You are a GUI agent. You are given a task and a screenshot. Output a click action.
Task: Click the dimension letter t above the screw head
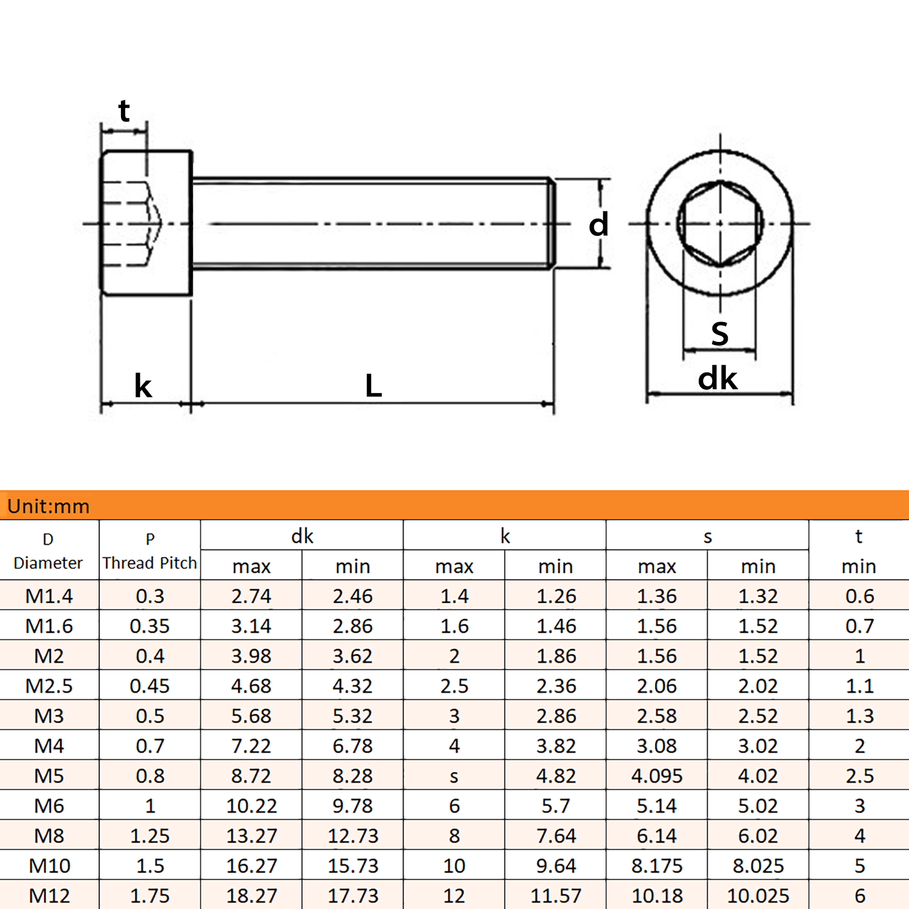click(x=124, y=111)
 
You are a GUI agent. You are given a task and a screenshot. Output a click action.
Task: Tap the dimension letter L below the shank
click(x=373, y=386)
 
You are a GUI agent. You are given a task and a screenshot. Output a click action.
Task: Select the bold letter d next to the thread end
click(x=598, y=224)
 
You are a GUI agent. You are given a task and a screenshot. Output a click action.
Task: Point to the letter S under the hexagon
click(x=719, y=333)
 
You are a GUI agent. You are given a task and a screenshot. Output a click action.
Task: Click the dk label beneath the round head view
click(x=717, y=378)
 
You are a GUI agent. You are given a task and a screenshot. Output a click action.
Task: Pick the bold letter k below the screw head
click(x=143, y=386)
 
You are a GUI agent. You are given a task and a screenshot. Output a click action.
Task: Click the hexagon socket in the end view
click(x=720, y=224)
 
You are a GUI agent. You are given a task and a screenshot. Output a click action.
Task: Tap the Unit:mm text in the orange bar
click(x=48, y=506)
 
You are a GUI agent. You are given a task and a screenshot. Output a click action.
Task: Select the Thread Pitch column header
click(x=149, y=562)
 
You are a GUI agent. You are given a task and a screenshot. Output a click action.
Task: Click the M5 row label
click(x=49, y=775)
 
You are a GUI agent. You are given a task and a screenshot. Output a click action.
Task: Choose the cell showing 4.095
click(x=656, y=775)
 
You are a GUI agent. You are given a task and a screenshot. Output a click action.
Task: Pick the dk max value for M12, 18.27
click(x=251, y=896)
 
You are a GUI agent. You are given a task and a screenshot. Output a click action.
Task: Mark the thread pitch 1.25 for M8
click(x=149, y=836)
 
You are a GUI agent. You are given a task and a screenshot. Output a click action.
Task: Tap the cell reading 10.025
click(x=758, y=896)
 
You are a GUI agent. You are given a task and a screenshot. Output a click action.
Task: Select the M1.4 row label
click(x=49, y=596)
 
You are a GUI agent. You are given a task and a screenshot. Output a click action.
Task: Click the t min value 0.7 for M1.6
click(x=859, y=626)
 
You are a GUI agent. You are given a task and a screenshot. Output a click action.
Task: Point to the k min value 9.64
click(x=556, y=866)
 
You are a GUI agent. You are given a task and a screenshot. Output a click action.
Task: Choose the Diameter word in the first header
click(x=48, y=563)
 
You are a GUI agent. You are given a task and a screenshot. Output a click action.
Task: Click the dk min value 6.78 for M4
click(x=352, y=746)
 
